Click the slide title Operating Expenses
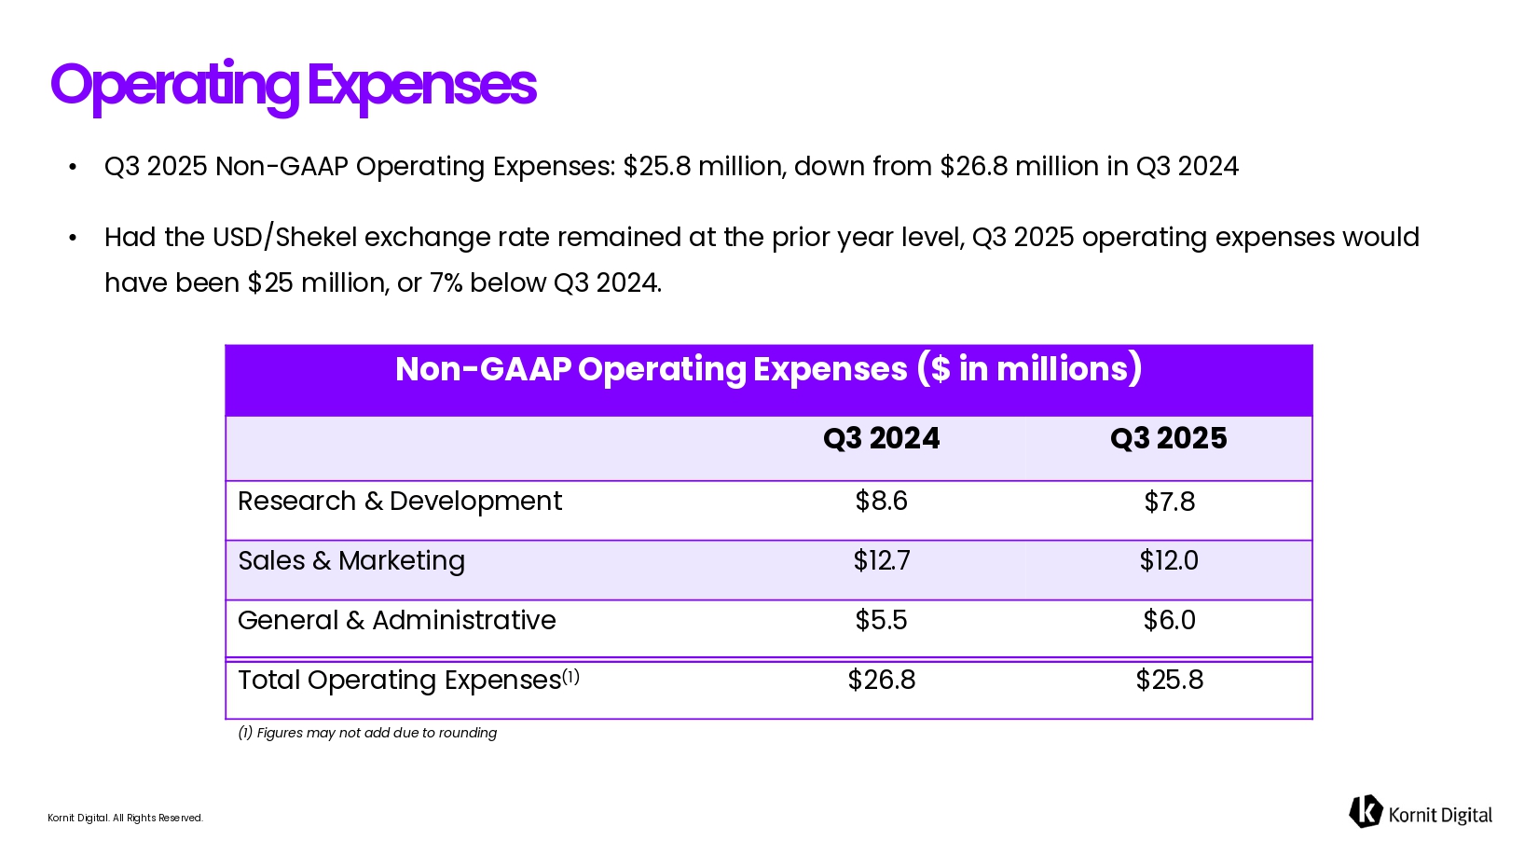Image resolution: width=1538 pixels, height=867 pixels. (x=293, y=86)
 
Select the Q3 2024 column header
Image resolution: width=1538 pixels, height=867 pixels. (x=881, y=438)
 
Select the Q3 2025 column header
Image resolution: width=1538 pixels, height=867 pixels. (x=1168, y=438)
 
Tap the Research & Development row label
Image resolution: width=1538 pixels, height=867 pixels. (x=400, y=502)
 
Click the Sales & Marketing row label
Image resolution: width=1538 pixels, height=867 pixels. (x=351, y=561)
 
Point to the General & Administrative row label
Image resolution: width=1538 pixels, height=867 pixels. (x=397, y=621)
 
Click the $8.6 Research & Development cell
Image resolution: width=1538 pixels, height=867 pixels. (x=881, y=502)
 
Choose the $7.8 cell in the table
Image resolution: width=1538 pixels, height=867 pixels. (x=1169, y=502)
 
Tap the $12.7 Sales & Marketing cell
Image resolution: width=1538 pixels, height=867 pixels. (x=881, y=561)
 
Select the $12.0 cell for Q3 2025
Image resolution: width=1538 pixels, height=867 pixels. (x=1169, y=561)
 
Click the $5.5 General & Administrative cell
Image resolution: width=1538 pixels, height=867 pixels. (x=881, y=621)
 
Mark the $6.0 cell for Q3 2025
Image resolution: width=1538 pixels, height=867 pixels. (x=1169, y=621)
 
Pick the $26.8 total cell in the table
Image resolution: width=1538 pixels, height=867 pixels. (x=881, y=681)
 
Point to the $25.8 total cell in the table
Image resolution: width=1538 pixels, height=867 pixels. (x=1169, y=681)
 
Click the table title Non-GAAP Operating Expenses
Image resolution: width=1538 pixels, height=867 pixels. (x=768, y=369)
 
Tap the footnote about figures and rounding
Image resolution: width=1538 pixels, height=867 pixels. (x=367, y=733)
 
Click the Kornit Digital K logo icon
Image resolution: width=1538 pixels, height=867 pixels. (x=1366, y=812)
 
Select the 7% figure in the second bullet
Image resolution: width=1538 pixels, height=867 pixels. (x=446, y=283)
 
